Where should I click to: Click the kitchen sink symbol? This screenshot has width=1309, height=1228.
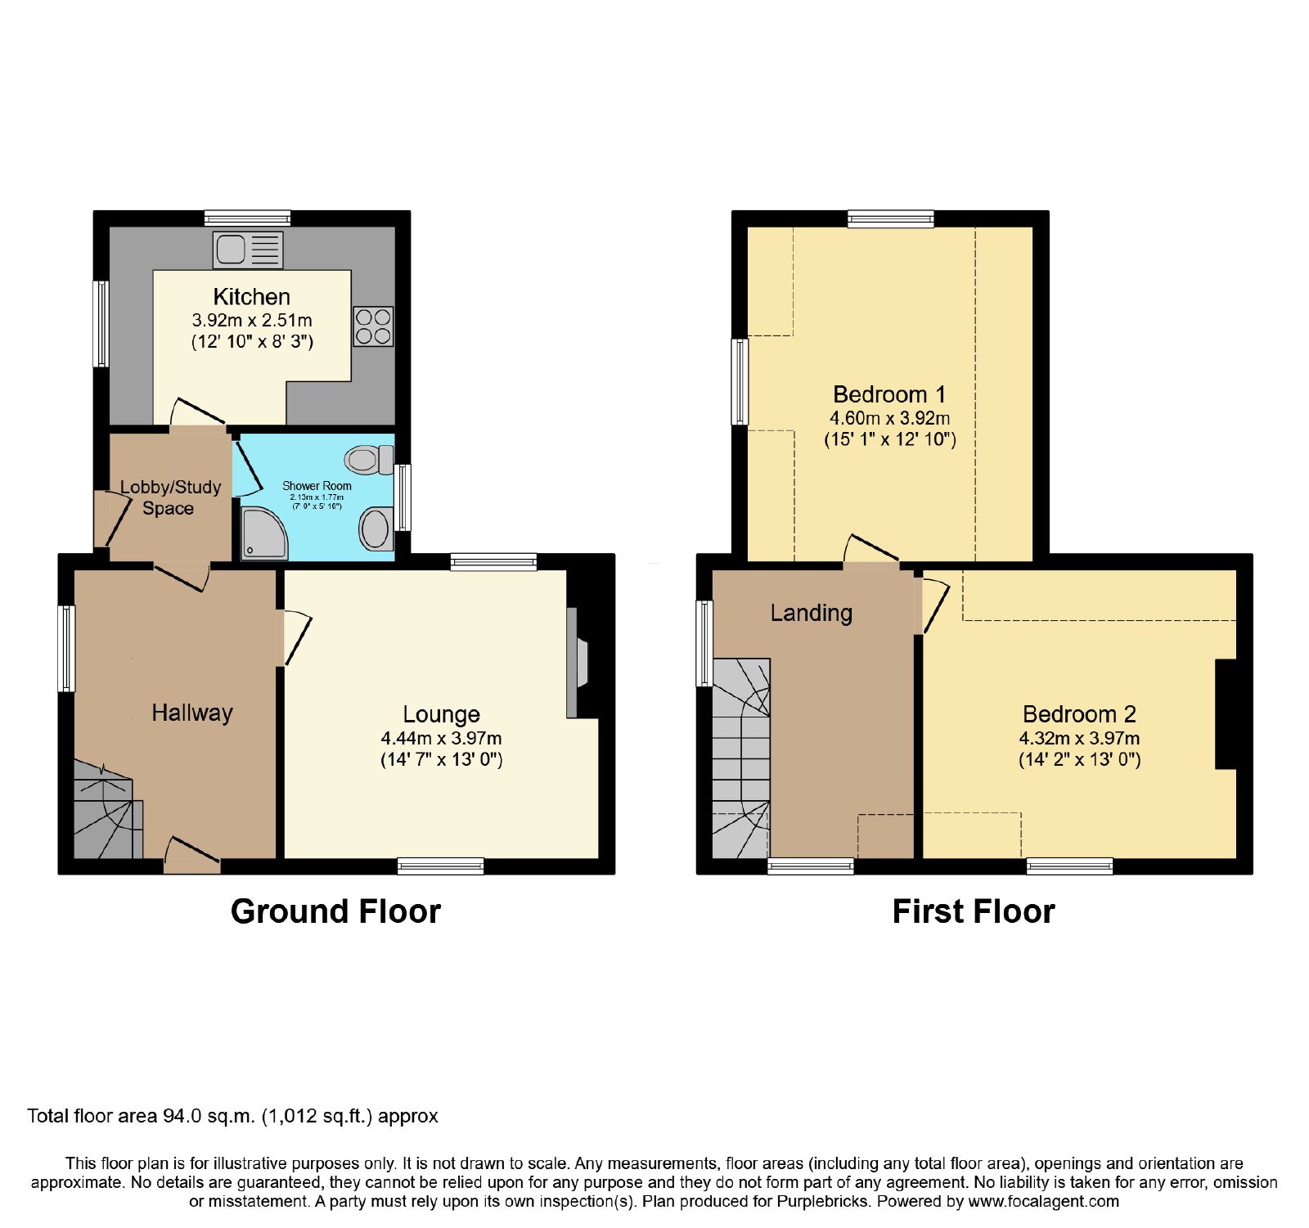248,250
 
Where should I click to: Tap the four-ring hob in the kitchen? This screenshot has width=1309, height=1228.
373,326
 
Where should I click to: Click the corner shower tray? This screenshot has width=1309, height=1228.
264,532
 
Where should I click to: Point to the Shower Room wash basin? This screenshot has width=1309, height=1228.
376,529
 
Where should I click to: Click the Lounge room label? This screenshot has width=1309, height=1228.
441,714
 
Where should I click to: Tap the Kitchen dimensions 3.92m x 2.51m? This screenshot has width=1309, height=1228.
252,320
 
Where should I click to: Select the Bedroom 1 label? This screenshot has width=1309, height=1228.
889,394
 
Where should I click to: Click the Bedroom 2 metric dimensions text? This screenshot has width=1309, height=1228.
1079,738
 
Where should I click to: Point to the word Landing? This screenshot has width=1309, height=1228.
812,613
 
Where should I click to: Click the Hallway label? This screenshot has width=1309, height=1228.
192,713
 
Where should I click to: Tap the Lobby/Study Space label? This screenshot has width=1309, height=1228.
170,497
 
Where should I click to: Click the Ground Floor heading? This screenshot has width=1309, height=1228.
335,911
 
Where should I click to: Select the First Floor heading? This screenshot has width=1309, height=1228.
974,911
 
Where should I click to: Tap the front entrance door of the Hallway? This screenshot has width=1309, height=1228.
192,856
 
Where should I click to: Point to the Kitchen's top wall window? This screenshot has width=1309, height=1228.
247,218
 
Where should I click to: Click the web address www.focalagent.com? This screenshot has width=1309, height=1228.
1043,1202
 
